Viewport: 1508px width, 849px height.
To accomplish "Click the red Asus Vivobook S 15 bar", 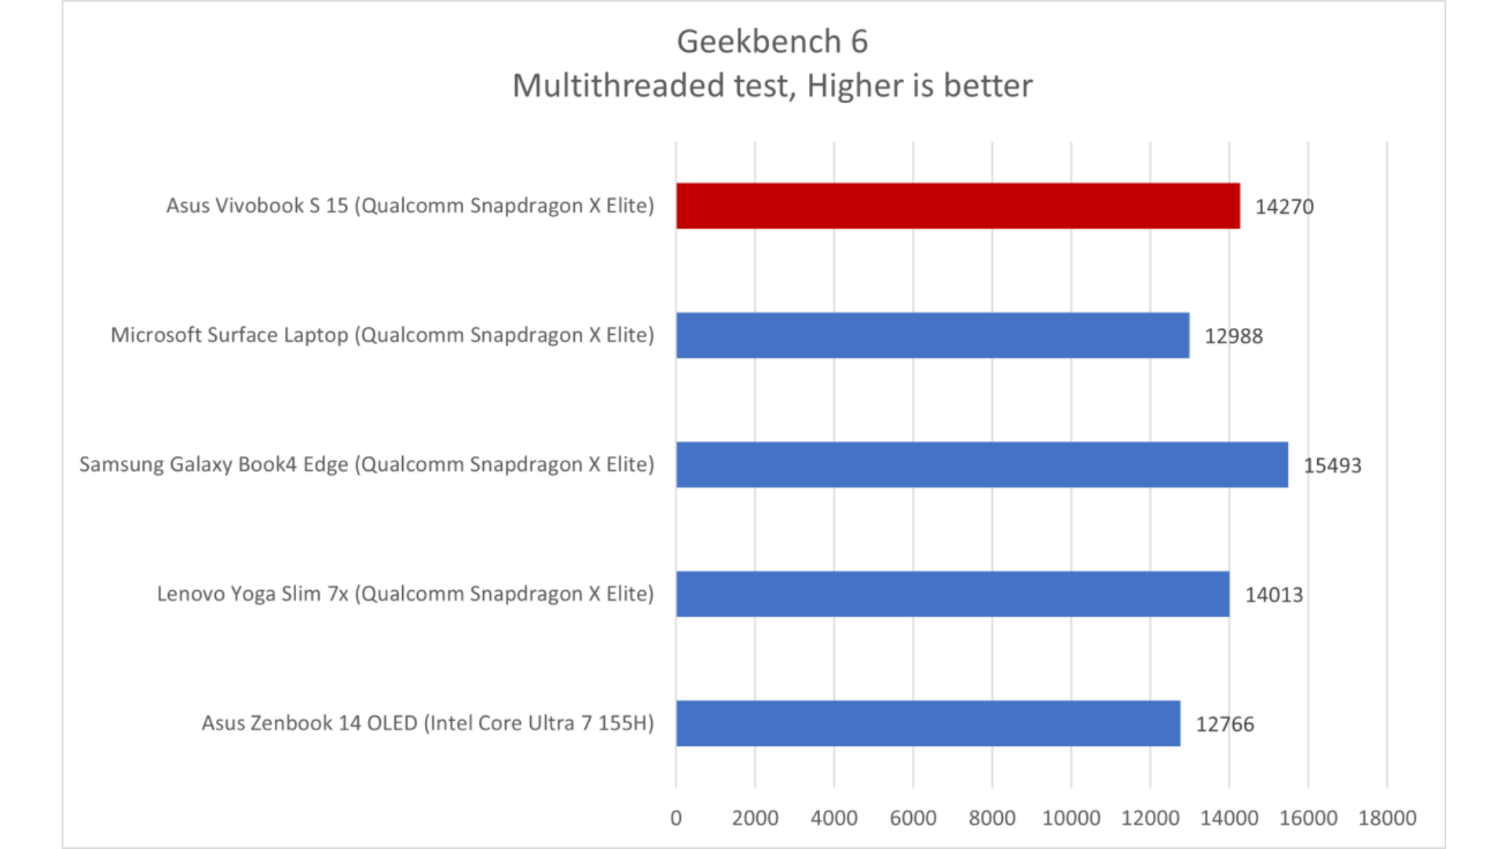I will (x=957, y=206).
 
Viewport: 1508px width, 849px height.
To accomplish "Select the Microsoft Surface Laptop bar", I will (x=932, y=336).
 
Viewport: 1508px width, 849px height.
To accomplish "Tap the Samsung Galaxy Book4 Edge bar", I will (x=982, y=465).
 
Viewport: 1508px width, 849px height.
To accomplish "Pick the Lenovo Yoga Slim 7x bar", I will (x=952, y=594).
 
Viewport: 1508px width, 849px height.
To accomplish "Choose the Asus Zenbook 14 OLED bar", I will (x=928, y=723).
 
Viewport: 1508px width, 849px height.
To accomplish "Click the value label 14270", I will (x=1284, y=207).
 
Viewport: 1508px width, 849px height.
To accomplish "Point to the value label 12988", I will (x=1234, y=336).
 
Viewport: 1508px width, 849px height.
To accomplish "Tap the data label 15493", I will (x=1332, y=465).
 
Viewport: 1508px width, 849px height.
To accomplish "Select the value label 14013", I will (x=1273, y=595).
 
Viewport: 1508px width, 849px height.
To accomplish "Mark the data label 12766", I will (x=1224, y=724).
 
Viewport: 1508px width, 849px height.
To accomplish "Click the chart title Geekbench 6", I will (x=772, y=42).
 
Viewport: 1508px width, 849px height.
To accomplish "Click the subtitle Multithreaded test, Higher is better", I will (x=772, y=86).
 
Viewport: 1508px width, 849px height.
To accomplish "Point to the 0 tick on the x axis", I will (x=676, y=818).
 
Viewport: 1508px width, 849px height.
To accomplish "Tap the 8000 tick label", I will (x=992, y=818).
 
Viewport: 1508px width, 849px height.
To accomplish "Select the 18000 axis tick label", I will (x=1387, y=818).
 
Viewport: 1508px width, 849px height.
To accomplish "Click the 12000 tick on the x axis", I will (x=1150, y=818).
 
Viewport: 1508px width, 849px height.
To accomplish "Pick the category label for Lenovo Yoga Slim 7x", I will (x=405, y=594).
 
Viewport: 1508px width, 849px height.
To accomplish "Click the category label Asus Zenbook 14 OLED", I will (x=427, y=723).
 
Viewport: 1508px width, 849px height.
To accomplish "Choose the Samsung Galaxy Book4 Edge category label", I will (x=367, y=465).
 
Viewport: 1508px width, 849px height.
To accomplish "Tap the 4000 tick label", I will (x=834, y=818).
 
